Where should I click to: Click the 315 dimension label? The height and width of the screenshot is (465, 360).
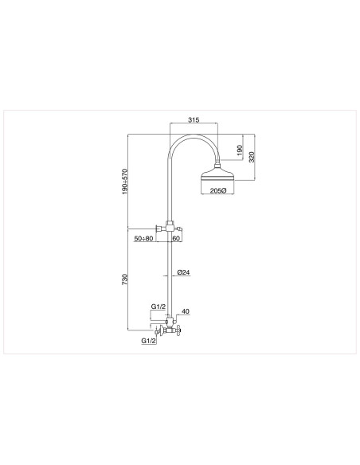pyautogui.click(x=194, y=119)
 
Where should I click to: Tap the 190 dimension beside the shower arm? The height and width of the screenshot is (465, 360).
pyautogui.click(x=241, y=149)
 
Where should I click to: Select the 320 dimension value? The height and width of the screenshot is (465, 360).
pyautogui.click(x=252, y=157)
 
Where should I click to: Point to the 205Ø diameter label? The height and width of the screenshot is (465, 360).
pyautogui.click(x=218, y=190)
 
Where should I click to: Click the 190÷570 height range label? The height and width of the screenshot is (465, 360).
pyautogui.click(x=125, y=182)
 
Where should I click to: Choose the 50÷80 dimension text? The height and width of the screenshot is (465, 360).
pyautogui.click(x=143, y=238)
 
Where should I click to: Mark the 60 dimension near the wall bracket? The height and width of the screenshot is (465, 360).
pyautogui.click(x=176, y=238)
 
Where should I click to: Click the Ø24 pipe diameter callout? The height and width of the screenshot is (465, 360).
pyautogui.click(x=183, y=272)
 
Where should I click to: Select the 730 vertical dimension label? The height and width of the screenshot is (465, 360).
pyautogui.click(x=125, y=279)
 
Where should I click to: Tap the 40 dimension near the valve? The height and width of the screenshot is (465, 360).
pyautogui.click(x=186, y=311)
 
